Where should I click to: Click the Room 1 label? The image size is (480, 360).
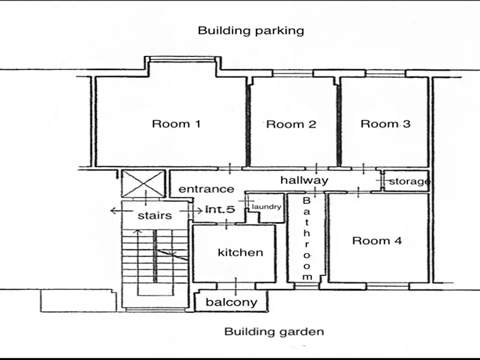click(176, 124)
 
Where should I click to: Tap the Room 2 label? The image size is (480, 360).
click(291, 124)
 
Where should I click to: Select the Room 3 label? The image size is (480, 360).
click(385, 124)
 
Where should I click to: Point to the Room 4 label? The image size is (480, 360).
click(377, 241)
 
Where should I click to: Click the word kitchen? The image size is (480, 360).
click(240, 253)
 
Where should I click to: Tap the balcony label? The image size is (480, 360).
click(232, 303)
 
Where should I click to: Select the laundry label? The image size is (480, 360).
click(266, 207)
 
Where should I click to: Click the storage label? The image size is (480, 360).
click(410, 182)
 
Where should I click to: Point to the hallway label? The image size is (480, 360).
click(304, 180)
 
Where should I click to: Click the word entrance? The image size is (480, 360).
click(206, 189)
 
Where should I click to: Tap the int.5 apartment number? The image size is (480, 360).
click(220, 210)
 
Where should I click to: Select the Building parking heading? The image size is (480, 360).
click(251, 31)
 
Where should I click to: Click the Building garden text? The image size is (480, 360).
click(274, 332)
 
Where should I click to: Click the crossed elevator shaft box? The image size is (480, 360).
click(144, 183)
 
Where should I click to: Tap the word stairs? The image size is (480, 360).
click(155, 215)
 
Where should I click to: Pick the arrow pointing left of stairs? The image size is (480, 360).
click(122, 211)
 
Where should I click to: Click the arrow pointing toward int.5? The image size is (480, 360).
click(191, 211)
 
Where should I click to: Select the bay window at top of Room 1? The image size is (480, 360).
click(183, 59)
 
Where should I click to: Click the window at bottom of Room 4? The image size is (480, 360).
click(388, 286)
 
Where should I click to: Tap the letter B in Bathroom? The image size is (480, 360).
click(306, 201)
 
